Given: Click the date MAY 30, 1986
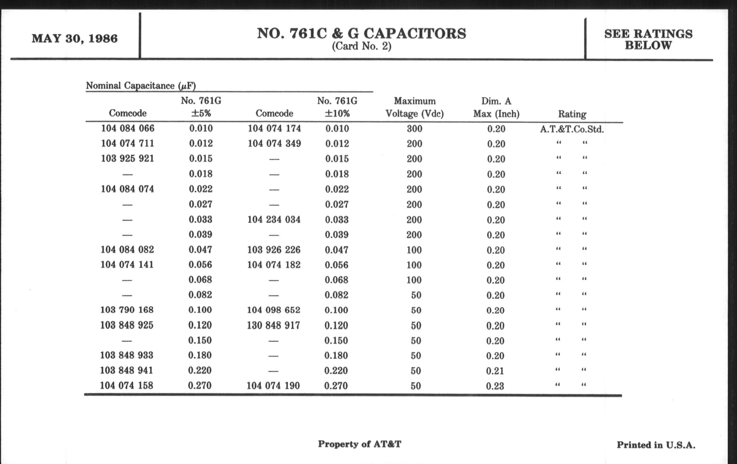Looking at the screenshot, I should (75, 39).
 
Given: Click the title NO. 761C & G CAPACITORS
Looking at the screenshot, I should (362, 33).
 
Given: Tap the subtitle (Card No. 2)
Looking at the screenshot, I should (362, 46).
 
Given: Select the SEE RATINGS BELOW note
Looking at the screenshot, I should (648, 39).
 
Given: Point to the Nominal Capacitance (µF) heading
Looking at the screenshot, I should (141, 86).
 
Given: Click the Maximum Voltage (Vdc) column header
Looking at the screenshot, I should (414, 107).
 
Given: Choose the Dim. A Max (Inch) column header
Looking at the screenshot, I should (496, 107).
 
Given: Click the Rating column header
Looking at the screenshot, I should (572, 114).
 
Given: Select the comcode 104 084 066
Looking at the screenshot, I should (128, 128).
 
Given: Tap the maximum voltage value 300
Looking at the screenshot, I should (414, 129).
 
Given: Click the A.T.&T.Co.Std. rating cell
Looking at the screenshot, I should (572, 129).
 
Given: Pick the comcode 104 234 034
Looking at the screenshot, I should (274, 220).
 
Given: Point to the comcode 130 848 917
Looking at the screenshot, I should (273, 325).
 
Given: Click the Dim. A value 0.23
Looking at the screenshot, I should (495, 386).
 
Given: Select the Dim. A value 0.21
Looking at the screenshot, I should (495, 371).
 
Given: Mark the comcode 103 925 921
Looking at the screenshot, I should (127, 159).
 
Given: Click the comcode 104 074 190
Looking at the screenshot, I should (273, 385).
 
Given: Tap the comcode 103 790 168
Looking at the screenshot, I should (127, 310).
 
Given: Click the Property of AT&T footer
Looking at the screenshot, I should (359, 444).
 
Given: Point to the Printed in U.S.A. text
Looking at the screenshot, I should (656, 445).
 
